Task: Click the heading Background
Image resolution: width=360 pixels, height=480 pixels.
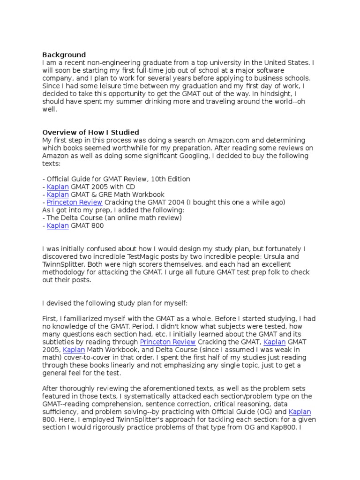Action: pyautogui.click(x=64, y=55)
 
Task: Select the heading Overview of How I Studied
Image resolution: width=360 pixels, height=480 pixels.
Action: pyautogui.click(x=91, y=132)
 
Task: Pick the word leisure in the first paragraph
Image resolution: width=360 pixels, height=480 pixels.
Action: pyautogui.click(x=102, y=86)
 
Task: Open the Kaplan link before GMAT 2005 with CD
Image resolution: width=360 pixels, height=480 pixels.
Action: pyautogui.click(x=58, y=187)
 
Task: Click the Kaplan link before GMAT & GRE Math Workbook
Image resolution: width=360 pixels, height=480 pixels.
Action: pyautogui.click(x=58, y=194)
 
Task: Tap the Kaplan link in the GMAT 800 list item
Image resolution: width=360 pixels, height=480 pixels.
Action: pyautogui.click(x=58, y=225)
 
